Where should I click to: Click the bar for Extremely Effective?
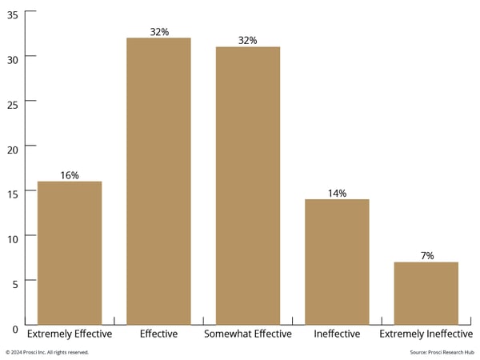pos(70,252)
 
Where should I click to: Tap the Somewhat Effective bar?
pos(248,185)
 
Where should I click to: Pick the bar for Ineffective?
pos(337,261)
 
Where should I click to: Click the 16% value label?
pos(70,175)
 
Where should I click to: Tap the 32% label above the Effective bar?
pos(158,32)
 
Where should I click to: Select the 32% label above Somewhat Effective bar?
pos(248,41)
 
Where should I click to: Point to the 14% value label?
pos(337,194)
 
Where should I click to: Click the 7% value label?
pos(427,256)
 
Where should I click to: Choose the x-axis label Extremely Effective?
pos(70,334)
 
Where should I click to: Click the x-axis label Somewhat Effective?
pos(248,334)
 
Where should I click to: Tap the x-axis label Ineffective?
pos(337,334)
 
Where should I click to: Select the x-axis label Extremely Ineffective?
pos(426,334)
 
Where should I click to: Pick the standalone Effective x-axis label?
pos(158,334)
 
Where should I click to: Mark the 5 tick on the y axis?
pos(15,281)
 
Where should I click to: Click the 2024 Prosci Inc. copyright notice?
pos(47,352)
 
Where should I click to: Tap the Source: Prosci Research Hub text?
pos(442,352)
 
